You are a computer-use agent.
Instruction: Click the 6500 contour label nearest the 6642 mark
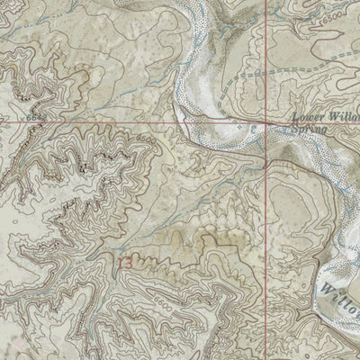tap(147, 140)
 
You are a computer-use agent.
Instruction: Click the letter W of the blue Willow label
tap(325, 287)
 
